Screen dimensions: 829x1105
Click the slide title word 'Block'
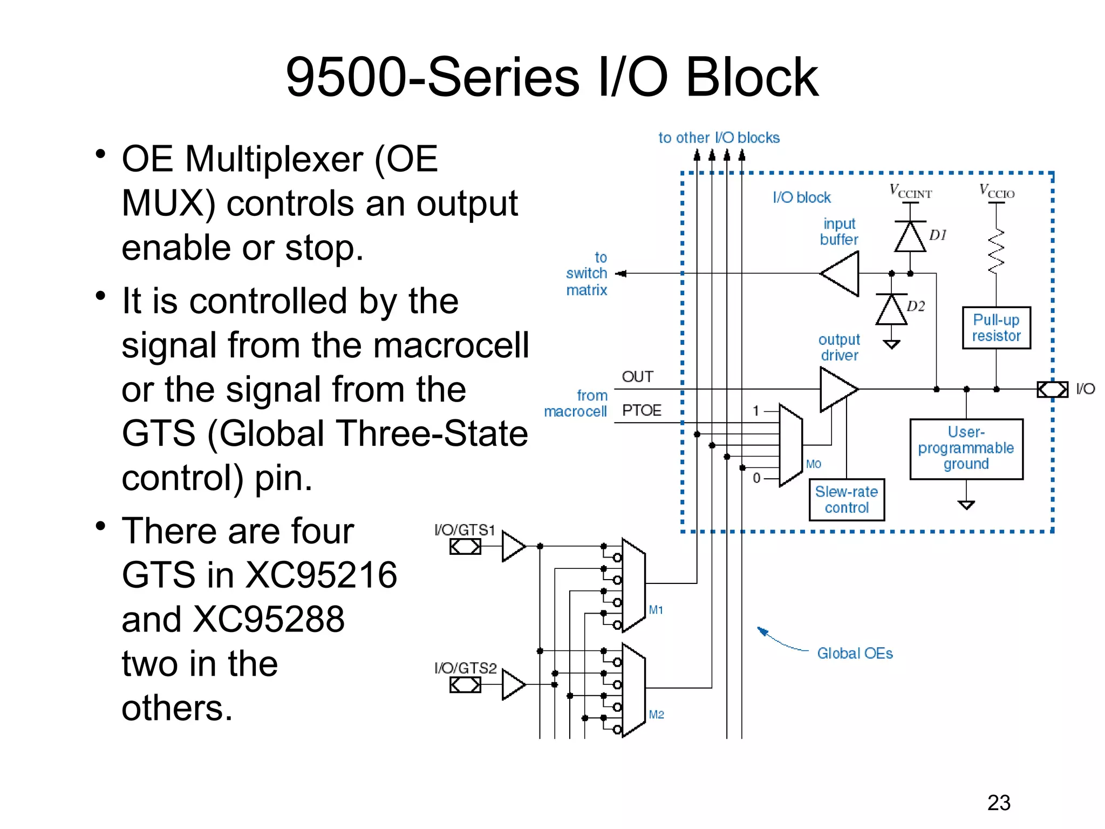tap(752, 78)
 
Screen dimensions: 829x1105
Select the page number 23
tap(999, 803)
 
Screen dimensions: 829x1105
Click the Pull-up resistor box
tap(996, 328)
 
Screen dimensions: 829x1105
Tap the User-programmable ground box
tap(966, 449)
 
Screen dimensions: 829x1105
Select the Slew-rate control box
tap(846, 500)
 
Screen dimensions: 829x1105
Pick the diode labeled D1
tap(910, 236)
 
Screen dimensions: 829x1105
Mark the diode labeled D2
tap(891, 309)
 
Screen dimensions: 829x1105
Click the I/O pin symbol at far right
tap(1052, 389)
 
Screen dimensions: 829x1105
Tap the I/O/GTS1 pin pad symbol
tap(465, 547)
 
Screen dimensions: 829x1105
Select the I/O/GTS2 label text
tap(465, 668)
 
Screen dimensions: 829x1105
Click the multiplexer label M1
tap(656, 610)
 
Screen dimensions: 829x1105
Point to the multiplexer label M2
tap(656, 715)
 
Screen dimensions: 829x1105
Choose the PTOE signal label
tap(642, 410)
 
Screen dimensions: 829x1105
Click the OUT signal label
tap(637, 377)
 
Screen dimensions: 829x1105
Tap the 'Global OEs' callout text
tap(855, 654)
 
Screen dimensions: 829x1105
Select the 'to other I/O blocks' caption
tap(719, 138)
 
